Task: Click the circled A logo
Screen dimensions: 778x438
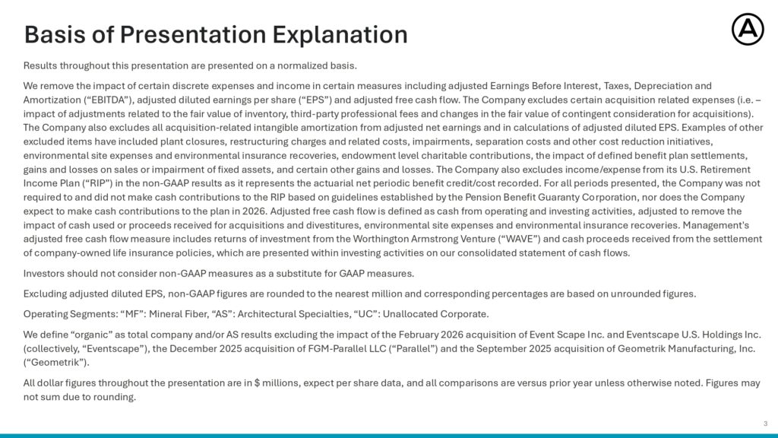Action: (x=748, y=30)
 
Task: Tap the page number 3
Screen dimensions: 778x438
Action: (x=766, y=424)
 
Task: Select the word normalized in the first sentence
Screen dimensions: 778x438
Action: (x=300, y=65)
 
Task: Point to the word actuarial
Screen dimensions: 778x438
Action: (x=277, y=183)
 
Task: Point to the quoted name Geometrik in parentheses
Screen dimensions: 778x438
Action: (x=56, y=363)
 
